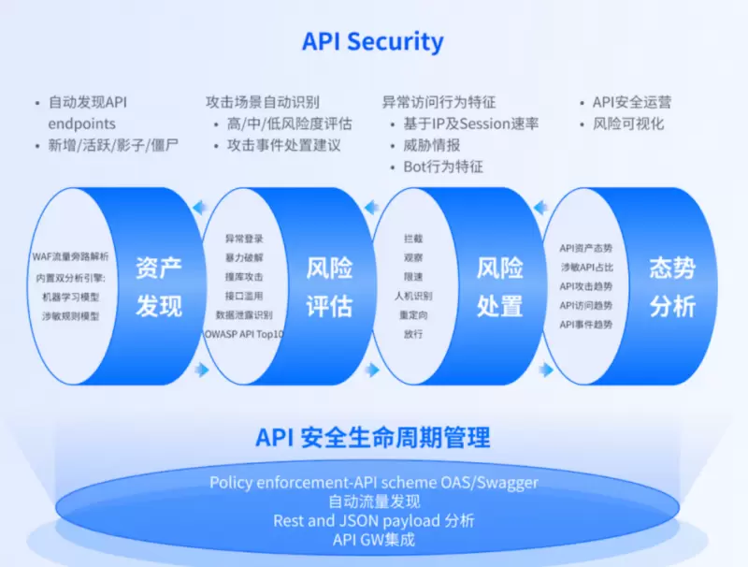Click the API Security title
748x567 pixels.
pyautogui.click(x=372, y=42)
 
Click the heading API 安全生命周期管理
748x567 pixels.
pyautogui.click(x=373, y=437)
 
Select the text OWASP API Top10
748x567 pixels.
pyautogui.click(x=244, y=333)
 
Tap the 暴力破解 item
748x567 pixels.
pyautogui.click(x=244, y=257)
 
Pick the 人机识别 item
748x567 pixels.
pyautogui.click(x=413, y=296)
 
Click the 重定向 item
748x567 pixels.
pyautogui.click(x=413, y=314)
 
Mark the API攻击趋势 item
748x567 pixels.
pyautogui.click(x=586, y=286)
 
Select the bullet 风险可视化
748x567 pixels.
pyautogui.click(x=628, y=124)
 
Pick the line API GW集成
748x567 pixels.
pyautogui.click(x=373, y=540)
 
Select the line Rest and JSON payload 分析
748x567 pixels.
pyautogui.click(x=373, y=520)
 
